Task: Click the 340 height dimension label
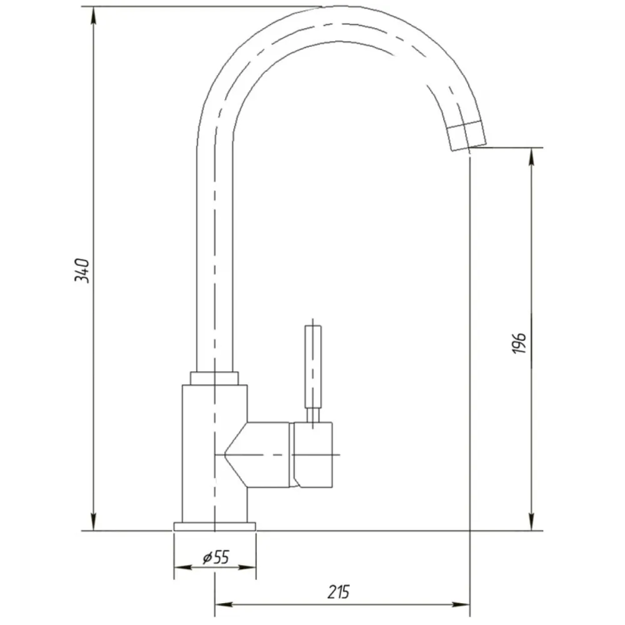tap(82, 270)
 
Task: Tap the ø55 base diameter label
tap(216, 557)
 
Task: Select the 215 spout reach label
tap(338, 592)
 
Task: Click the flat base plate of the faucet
tap(215, 526)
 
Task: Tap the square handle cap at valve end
tap(313, 455)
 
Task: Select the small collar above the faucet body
tap(214, 378)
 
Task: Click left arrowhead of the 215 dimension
tap(224, 604)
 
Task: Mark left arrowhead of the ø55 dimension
tap(183, 567)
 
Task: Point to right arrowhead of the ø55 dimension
tap(246, 567)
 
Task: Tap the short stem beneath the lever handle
tap(313, 415)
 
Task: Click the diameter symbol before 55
tap(207, 557)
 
